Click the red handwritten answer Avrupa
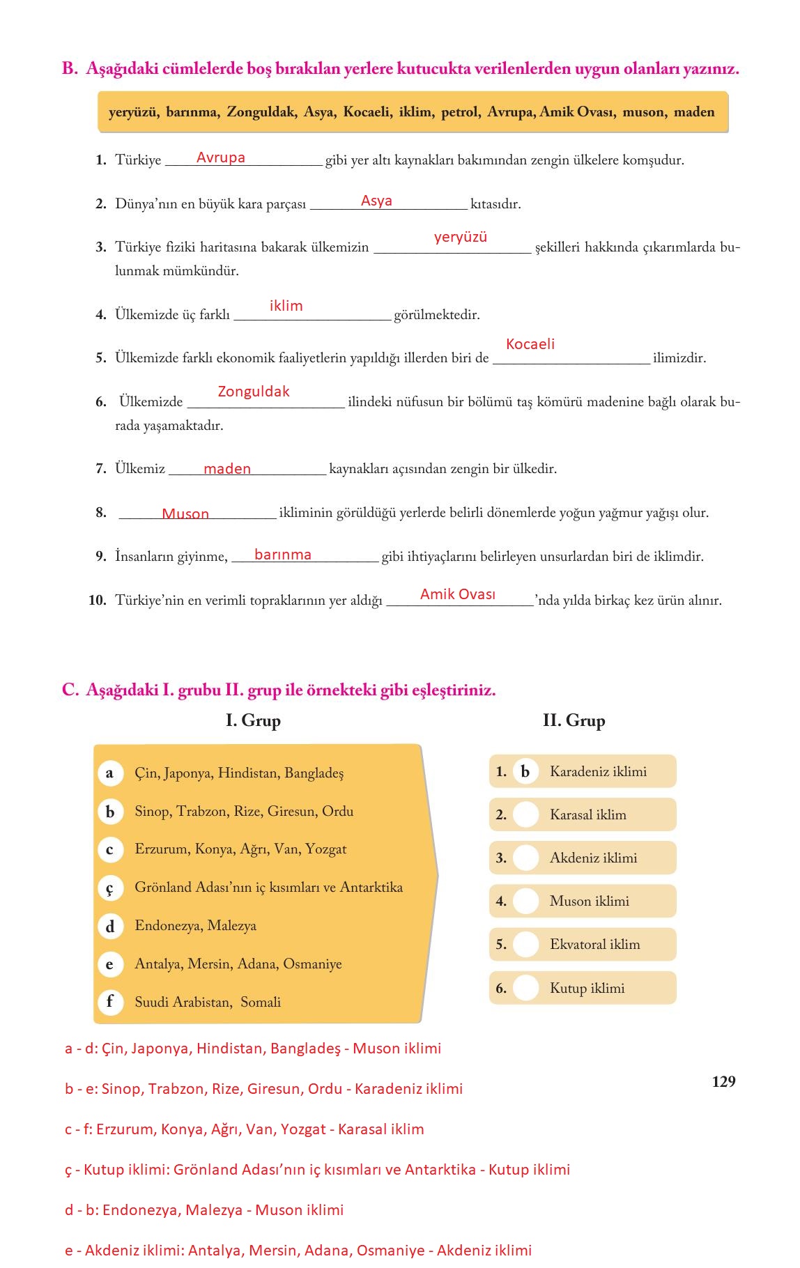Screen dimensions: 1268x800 (x=220, y=158)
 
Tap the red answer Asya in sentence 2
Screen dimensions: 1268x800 (x=376, y=201)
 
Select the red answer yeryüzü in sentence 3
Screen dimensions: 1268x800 (x=460, y=238)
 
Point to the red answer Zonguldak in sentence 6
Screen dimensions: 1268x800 (x=254, y=392)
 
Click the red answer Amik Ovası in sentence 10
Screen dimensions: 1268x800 (x=458, y=594)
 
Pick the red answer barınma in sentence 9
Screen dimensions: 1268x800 (x=283, y=555)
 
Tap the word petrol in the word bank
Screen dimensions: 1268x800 (x=460, y=112)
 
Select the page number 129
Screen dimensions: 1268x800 (x=724, y=1081)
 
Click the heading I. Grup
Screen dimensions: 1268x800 (x=253, y=720)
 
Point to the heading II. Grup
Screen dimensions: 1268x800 (x=574, y=720)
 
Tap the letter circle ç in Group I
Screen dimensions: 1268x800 (x=109, y=888)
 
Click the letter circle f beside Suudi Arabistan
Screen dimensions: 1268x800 (x=109, y=1002)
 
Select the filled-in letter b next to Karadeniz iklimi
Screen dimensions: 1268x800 (x=525, y=772)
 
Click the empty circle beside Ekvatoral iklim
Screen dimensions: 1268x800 (x=525, y=945)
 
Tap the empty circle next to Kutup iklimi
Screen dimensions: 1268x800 (x=525, y=988)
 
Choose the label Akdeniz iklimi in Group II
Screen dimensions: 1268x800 (x=593, y=858)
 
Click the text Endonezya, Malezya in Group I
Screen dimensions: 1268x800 (x=195, y=926)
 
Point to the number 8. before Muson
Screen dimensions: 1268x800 (x=101, y=513)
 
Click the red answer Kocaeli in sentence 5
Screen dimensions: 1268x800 (x=530, y=344)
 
